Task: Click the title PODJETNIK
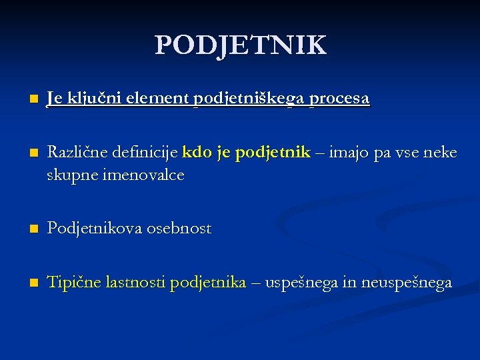point(241,45)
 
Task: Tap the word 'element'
point(153,99)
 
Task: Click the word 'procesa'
point(338,99)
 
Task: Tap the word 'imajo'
point(347,153)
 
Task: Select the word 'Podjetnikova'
point(93,229)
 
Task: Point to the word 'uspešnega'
point(301,283)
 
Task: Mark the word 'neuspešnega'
point(407,283)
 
